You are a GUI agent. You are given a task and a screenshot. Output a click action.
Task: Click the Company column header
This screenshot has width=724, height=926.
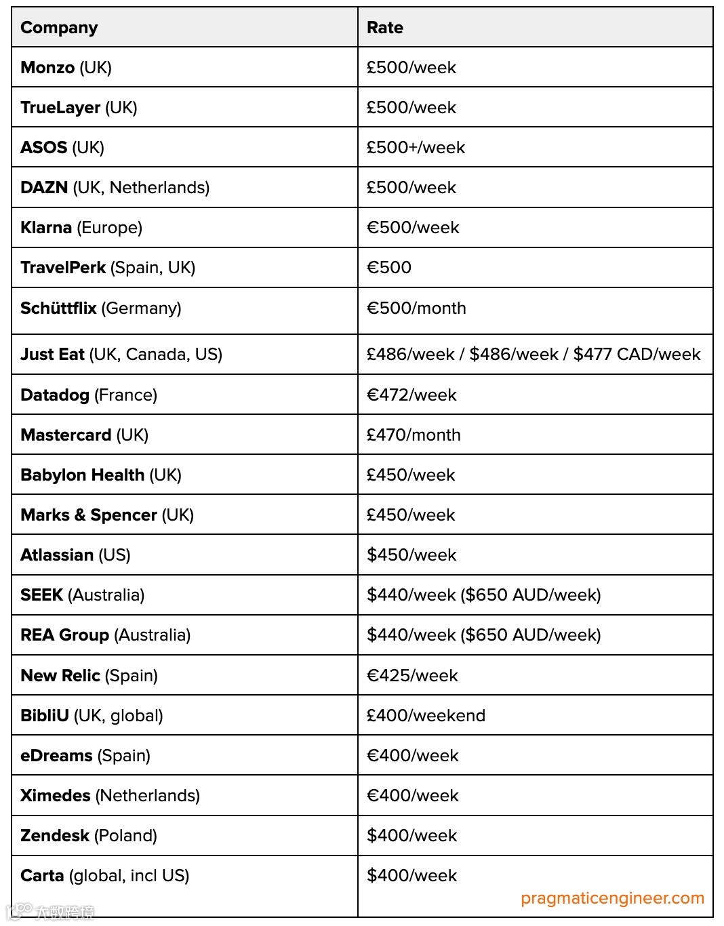pyautogui.click(x=60, y=28)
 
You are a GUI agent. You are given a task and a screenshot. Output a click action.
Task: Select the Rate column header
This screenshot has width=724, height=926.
pyautogui.click(x=385, y=28)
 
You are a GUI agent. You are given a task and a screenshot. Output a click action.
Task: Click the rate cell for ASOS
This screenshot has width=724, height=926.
pyautogui.click(x=416, y=148)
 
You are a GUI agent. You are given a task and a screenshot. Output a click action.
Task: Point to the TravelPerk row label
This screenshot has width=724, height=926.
pyautogui.click(x=108, y=268)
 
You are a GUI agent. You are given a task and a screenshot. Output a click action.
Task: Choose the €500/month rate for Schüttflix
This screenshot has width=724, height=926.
pyautogui.click(x=416, y=308)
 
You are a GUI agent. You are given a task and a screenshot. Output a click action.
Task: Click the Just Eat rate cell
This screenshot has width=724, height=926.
pyautogui.click(x=534, y=355)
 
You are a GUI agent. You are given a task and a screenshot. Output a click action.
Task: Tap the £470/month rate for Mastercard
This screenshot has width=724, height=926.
pyautogui.click(x=414, y=435)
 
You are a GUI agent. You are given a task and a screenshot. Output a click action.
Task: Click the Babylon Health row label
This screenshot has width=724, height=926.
pyautogui.click(x=101, y=475)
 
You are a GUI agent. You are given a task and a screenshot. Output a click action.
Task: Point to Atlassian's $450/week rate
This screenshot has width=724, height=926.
pyautogui.click(x=411, y=555)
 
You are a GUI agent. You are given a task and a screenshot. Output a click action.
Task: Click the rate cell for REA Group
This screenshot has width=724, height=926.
pyautogui.click(x=483, y=635)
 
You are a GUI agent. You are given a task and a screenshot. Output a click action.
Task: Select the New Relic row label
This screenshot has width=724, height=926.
pyautogui.click(x=89, y=676)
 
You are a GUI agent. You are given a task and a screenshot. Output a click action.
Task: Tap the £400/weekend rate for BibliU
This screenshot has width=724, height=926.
pyautogui.click(x=426, y=716)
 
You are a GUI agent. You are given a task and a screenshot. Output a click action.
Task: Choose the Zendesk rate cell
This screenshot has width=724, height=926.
pyautogui.click(x=411, y=836)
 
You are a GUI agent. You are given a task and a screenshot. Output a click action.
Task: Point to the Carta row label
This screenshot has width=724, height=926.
pyautogui.click(x=104, y=876)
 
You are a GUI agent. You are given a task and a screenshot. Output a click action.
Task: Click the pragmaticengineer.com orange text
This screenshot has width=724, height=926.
pyautogui.click(x=612, y=898)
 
